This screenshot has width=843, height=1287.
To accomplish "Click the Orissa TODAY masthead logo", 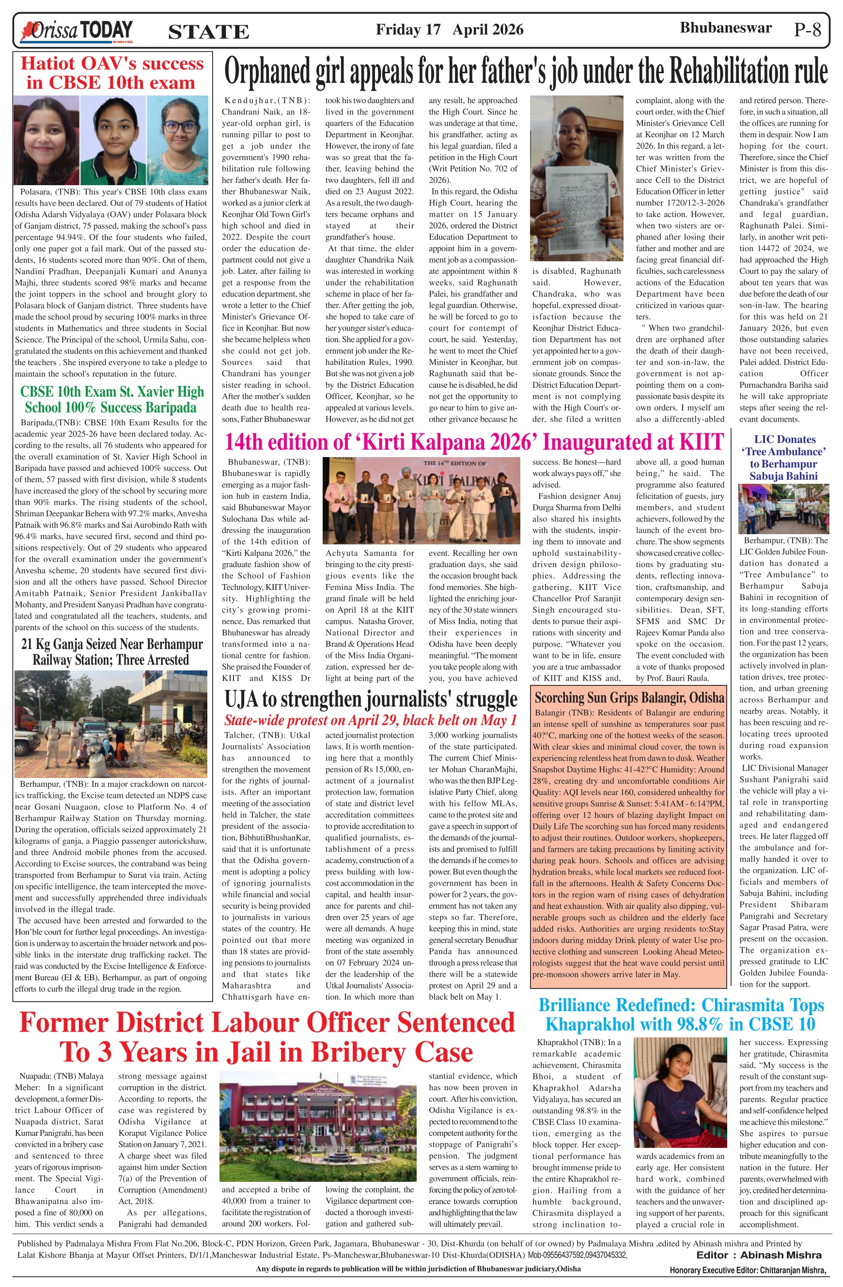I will coord(76,31).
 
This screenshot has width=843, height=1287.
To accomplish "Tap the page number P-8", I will coord(807,29).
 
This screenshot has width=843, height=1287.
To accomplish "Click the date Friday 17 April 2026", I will coord(449,29).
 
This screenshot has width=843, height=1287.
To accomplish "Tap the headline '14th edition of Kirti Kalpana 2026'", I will coord(473,442).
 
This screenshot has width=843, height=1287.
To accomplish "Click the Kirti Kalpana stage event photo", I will coord(422,500).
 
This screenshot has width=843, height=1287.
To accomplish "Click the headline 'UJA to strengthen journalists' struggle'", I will coord(371,699).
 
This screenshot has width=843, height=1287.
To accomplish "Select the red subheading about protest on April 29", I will coord(371,720).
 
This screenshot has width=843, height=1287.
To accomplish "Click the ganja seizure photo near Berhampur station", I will coord(111,724).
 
